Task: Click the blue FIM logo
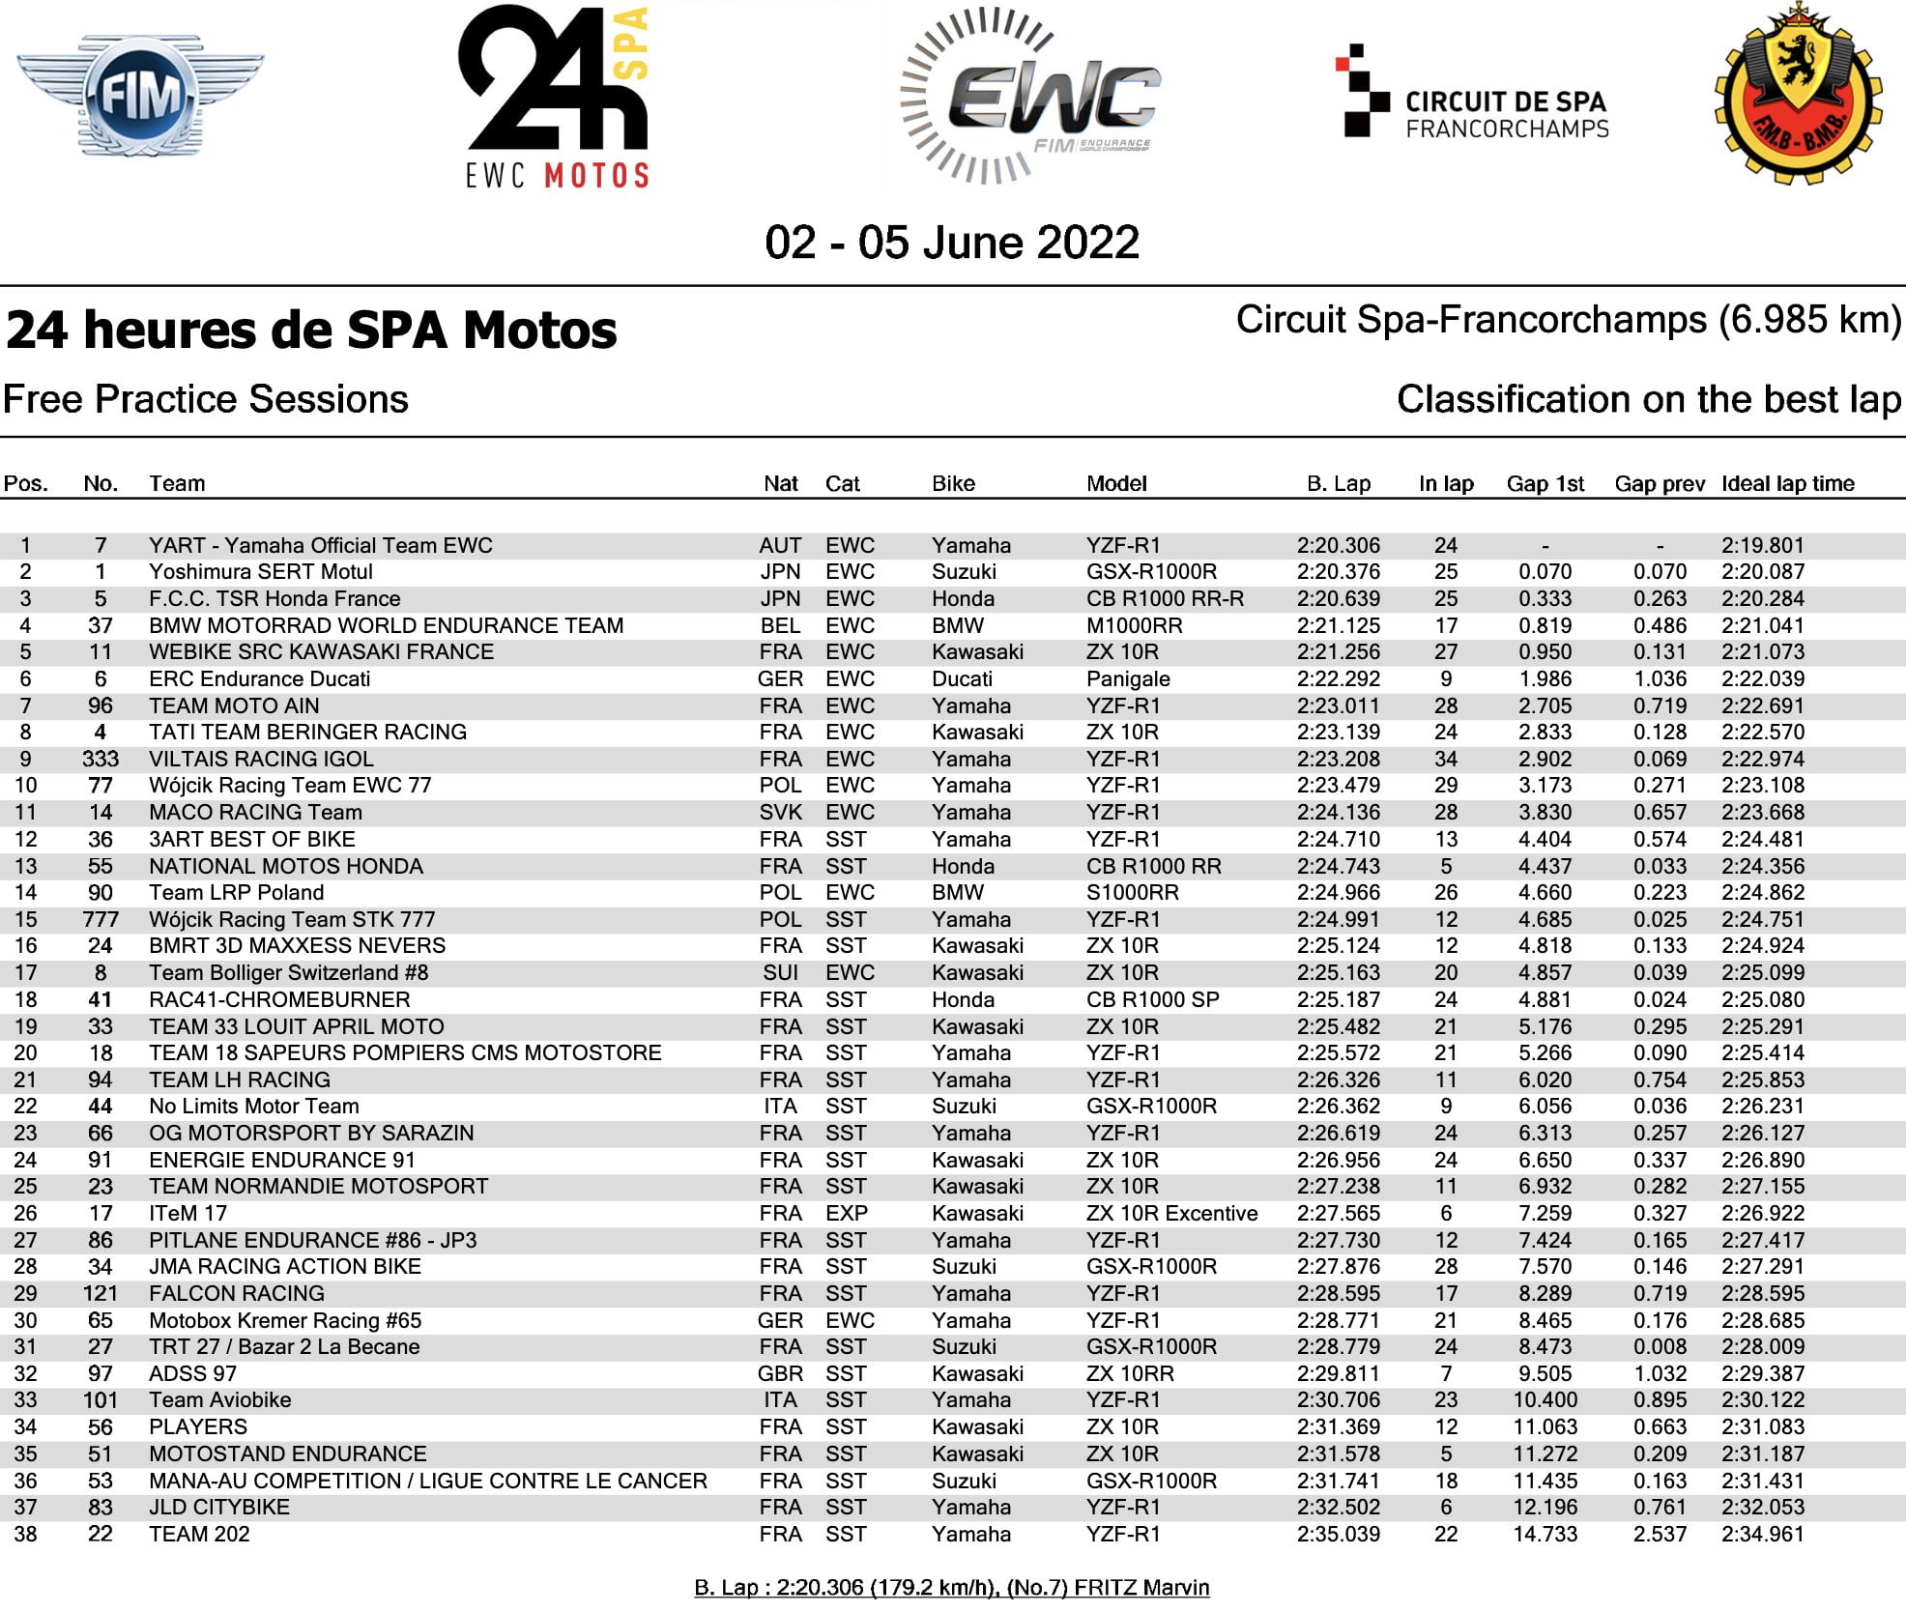[140, 97]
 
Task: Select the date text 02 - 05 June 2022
[952, 243]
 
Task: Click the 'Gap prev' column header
[1659, 484]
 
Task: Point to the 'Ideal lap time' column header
[1787, 484]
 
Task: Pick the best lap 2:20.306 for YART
[1338, 546]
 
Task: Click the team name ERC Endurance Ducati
[259, 679]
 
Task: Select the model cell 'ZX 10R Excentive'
[1171, 1214]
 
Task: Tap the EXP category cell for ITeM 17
[847, 1214]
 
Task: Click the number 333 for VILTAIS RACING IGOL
[101, 760]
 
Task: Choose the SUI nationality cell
[780, 973]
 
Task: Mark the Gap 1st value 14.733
[1545, 1535]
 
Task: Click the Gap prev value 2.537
[1660, 1535]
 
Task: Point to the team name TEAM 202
[199, 1535]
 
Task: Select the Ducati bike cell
[962, 679]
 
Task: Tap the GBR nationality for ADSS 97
[780, 1374]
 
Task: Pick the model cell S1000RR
[1132, 893]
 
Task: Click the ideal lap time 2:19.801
[1762, 546]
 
